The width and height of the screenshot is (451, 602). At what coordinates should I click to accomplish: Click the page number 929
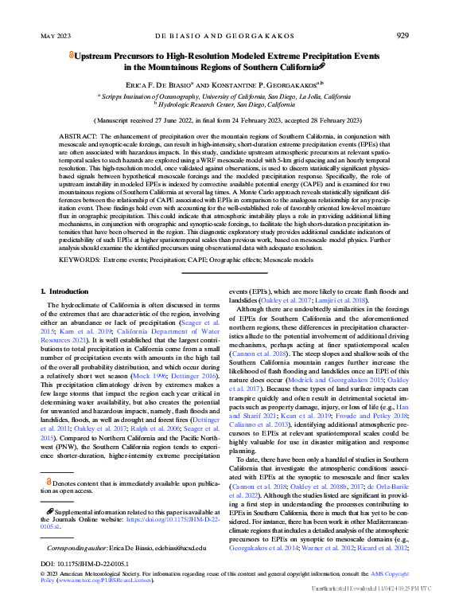[x=402, y=35]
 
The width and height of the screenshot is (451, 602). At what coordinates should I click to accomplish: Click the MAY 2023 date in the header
[x=55, y=36]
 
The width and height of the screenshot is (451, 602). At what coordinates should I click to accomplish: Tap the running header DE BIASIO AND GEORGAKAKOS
[x=224, y=36]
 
